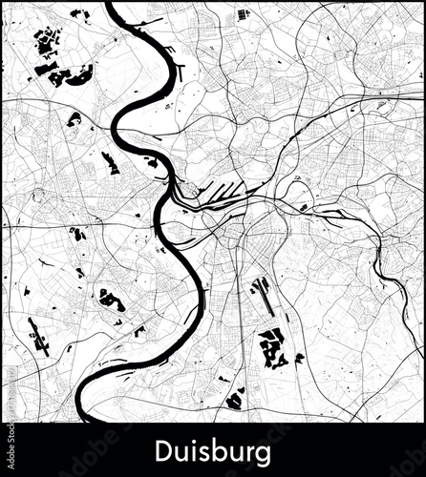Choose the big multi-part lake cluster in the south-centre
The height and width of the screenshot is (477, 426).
[x=271, y=348]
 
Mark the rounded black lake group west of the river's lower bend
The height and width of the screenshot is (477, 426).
[x=111, y=300]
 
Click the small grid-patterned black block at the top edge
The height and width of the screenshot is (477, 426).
[x=243, y=14]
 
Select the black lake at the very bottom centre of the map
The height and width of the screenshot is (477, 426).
[x=235, y=400]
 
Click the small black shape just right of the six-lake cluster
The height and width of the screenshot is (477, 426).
[x=300, y=358]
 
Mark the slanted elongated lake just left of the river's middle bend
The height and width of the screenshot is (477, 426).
[x=110, y=162]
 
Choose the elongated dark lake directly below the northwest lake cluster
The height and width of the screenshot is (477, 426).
[x=74, y=119]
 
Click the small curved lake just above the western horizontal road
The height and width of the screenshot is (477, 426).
[x=76, y=233]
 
